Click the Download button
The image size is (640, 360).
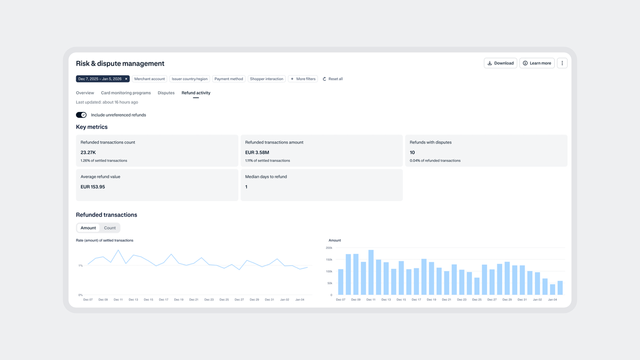(x=500, y=63)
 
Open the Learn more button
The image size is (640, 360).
(x=536, y=63)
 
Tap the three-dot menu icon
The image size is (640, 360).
(x=562, y=63)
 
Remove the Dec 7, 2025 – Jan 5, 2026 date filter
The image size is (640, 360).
(x=126, y=79)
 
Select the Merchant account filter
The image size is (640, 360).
(x=149, y=79)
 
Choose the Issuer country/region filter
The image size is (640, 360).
(x=190, y=79)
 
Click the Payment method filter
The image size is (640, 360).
(x=228, y=79)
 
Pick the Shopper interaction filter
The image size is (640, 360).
(x=267, y=79)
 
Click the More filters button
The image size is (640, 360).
(x=303, y=79)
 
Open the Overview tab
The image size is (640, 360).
(x=85, y=93)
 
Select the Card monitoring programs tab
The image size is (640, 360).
(x=126, y=93)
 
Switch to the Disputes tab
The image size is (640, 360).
(x=166, y=93)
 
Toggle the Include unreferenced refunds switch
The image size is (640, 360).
(x=81, y=115)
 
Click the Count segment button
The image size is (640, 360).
(x=110, y=228)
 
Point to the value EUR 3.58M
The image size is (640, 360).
(x=257, y=153)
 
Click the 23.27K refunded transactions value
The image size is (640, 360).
(x=88, y=153)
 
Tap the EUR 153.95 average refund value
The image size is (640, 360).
(x=93, y=187)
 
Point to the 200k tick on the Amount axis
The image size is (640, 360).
(x=329, y=248)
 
